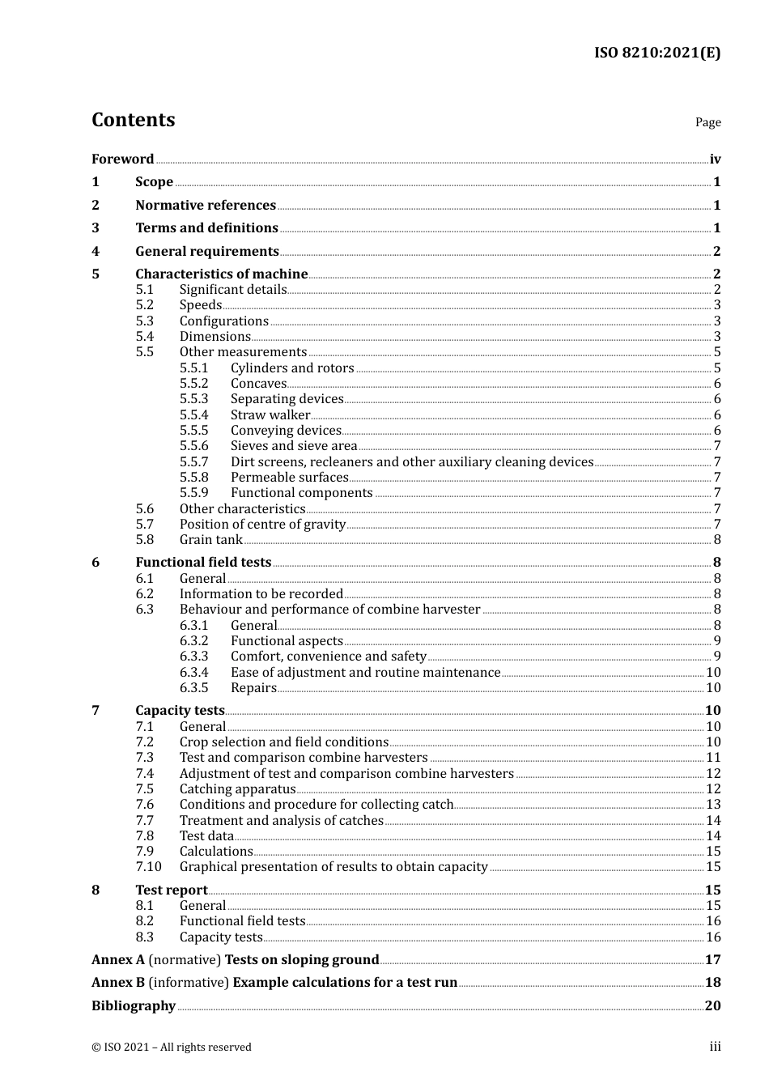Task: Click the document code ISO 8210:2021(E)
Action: coord(656,53)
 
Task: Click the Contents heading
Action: coord(133,120)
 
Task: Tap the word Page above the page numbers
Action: coord(707,122)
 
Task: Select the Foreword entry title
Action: coord(122,159)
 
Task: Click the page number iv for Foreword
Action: coord(715,159)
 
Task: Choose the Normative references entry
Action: coord(206,206)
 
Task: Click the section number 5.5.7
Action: coord(193,462)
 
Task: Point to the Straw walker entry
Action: coord(270,415)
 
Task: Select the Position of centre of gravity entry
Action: coord(262,525)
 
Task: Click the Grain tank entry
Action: coord(210,540)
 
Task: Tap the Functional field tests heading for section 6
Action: coord(203,563)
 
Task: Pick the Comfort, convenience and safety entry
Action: coord(328,657)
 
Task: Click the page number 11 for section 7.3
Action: coord(713,758)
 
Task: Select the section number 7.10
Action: coord(148,867)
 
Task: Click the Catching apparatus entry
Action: coord(237,789)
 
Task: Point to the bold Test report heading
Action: coord(172,890)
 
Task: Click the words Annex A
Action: coord(118,960)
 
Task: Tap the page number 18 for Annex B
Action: coord(712,983)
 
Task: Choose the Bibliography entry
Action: coord(134,1006)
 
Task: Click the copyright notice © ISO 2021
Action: coord(171,1048)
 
